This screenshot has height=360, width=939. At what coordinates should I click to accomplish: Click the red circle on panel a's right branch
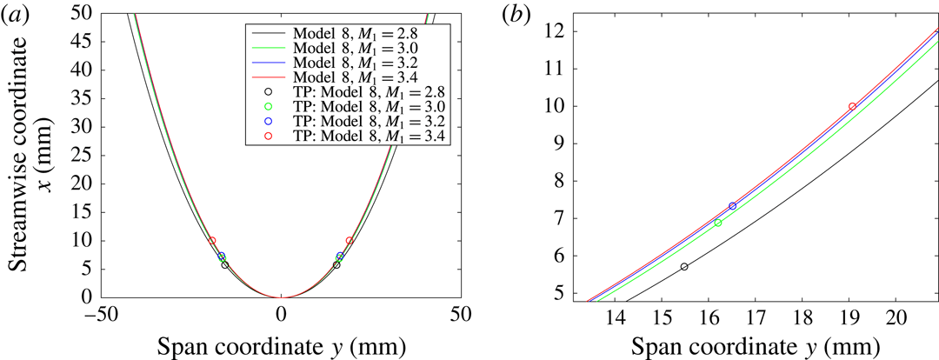pyautogui.click(x=350, y=241)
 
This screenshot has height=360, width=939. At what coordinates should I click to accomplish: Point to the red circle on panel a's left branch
pyautogui.click(x=211, y=241)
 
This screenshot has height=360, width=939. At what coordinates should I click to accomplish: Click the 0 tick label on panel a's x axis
pyautogui.click(x=280, y=312)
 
